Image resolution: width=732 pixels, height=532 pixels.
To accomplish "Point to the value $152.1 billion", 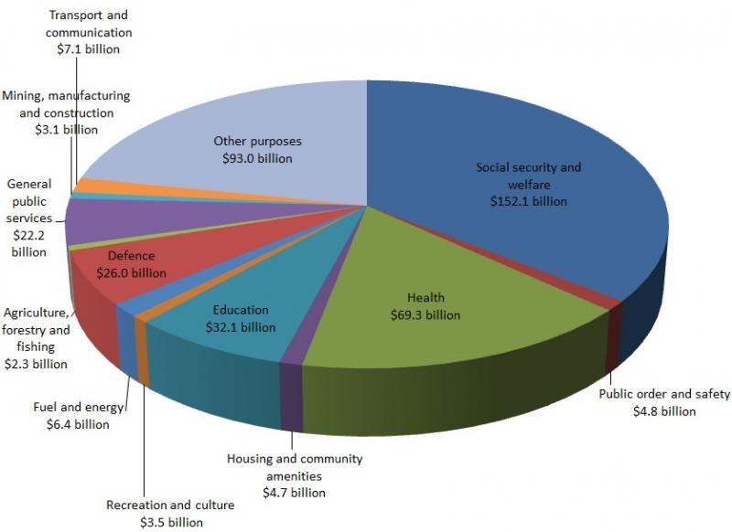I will (x=528, y=201).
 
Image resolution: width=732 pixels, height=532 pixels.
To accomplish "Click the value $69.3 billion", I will (x=425, y=314).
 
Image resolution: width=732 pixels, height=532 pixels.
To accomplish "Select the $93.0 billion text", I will (x=257, y=158).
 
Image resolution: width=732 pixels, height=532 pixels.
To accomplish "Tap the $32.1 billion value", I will (x=241, y=326).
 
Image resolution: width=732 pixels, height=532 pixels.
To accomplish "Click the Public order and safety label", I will (x=664, y=395).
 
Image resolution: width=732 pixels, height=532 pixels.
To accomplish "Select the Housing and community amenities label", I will (x=295, y=466).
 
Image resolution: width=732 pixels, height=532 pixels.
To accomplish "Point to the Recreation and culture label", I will (x=170, y=505).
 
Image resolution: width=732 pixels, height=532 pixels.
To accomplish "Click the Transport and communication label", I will (x=88, y=25).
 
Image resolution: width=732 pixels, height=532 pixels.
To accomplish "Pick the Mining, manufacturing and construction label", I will (x=65, y=104).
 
